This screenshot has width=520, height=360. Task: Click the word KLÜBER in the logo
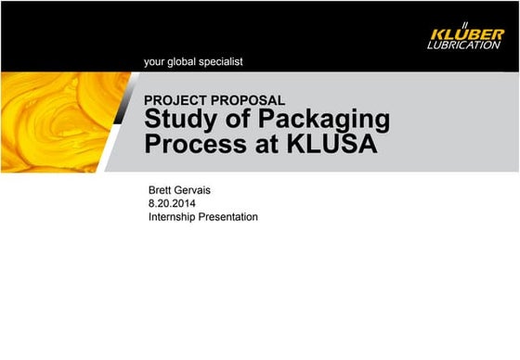468,34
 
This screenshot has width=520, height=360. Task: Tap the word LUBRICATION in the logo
468,45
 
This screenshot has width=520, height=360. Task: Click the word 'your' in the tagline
155,62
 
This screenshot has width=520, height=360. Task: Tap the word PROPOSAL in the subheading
249,100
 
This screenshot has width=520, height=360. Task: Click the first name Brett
162,190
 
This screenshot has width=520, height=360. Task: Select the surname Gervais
201,190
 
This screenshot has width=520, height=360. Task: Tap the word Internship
174,217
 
